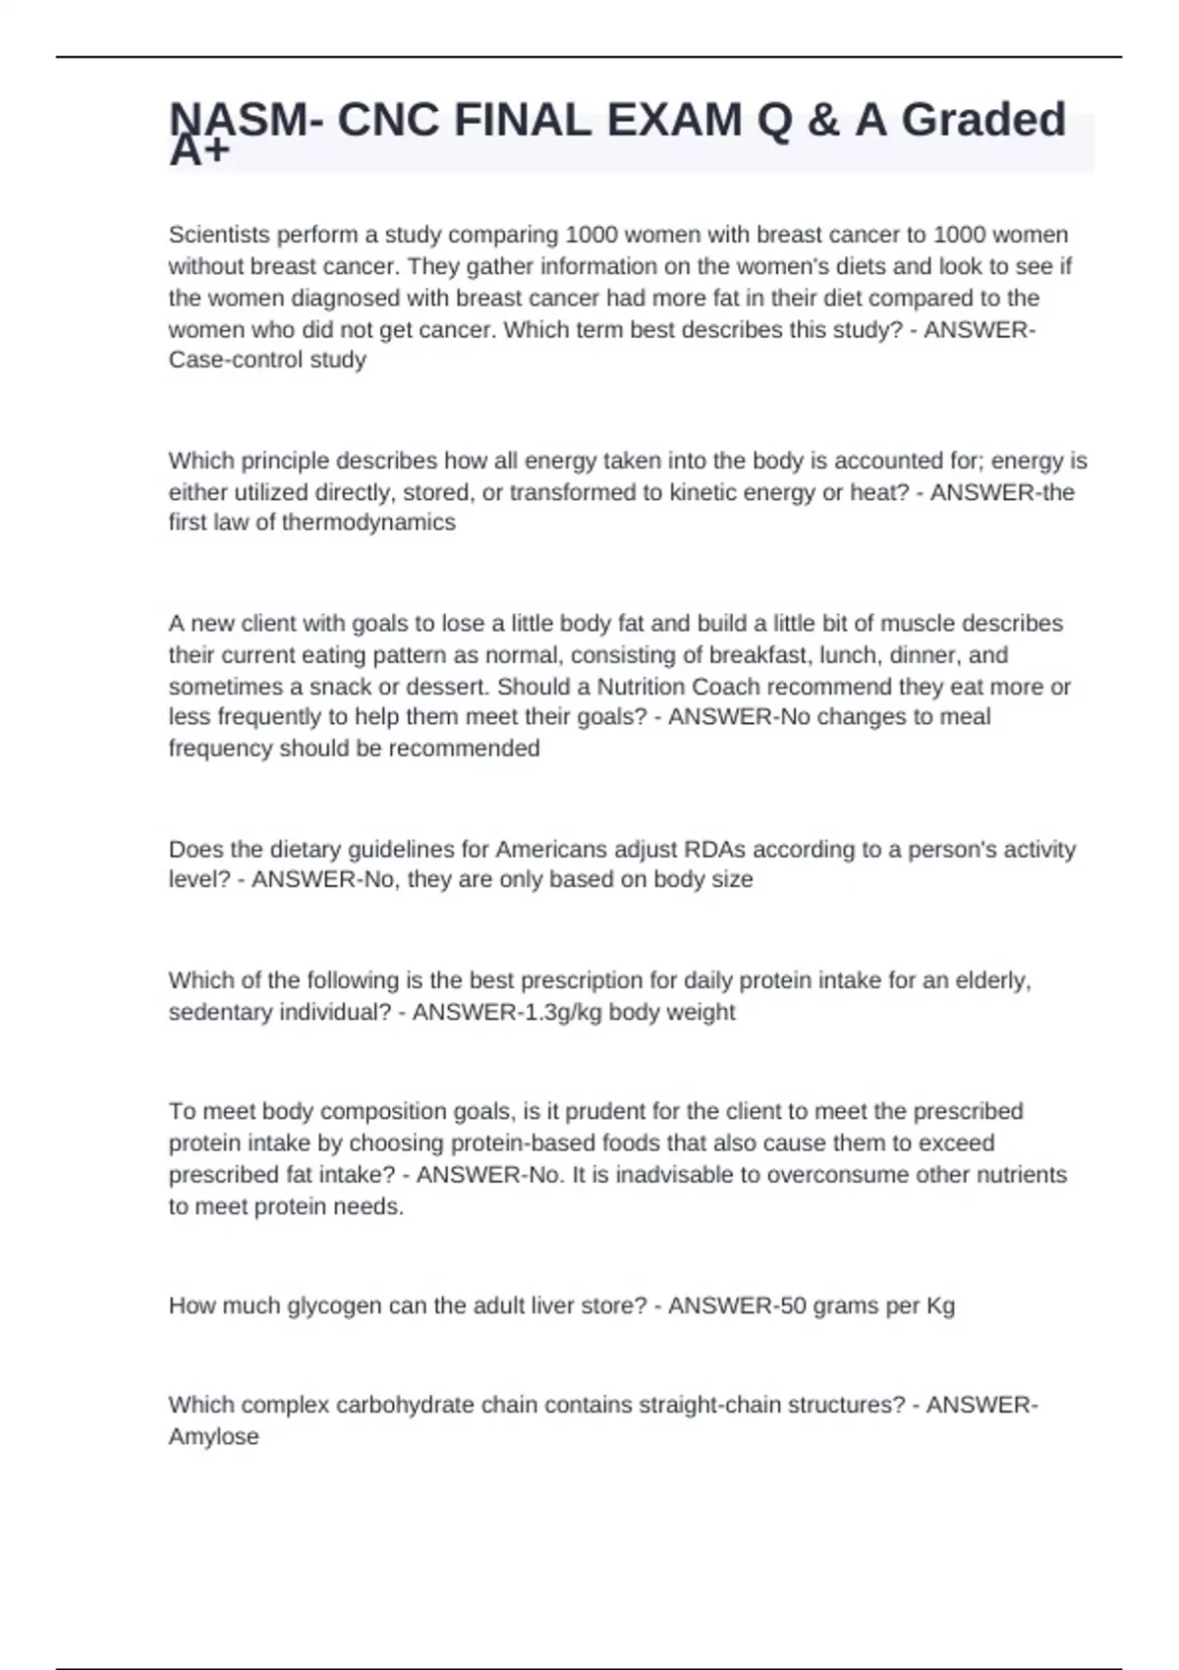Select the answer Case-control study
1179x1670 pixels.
tap(267, 360)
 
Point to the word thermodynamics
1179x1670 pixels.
tap(368, 523)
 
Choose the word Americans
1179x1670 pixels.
tap(551, 849)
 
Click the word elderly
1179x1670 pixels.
tap(990, 980)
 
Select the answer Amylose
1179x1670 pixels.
tap(214, 1436)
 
